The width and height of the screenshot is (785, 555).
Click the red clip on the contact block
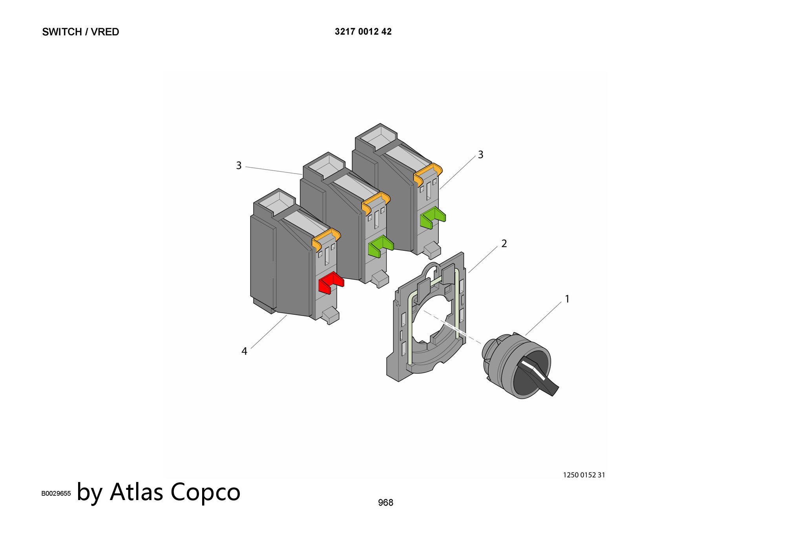331,283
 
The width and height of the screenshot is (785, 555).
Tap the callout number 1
567,299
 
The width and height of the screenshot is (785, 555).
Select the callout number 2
504,244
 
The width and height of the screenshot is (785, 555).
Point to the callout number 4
244,351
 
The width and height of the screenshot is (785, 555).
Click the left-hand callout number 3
239,166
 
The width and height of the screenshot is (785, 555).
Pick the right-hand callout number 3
480,155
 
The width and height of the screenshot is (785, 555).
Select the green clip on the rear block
433,218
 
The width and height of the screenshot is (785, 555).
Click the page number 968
385,503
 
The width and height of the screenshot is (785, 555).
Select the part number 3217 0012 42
363,32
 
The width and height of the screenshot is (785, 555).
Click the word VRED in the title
105,32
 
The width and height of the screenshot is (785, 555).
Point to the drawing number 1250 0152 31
584,475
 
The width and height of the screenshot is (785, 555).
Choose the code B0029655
56,493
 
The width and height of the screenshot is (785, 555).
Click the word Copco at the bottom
205,492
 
